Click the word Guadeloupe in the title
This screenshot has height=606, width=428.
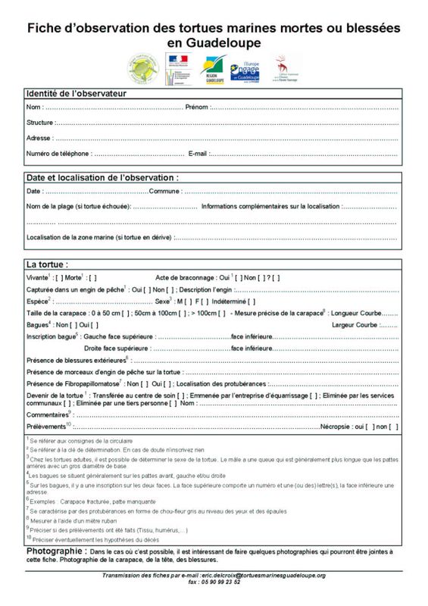[x=214, y=43]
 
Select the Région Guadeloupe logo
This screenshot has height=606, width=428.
[x=213, y=70]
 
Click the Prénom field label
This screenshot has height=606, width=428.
[x=196, y=107]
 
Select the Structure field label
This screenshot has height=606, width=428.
[x=39, y=122]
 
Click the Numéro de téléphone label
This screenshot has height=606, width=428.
[x=58, y=154]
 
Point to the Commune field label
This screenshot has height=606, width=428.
[x=165, y=191]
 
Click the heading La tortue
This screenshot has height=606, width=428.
[x=47, y=265]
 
